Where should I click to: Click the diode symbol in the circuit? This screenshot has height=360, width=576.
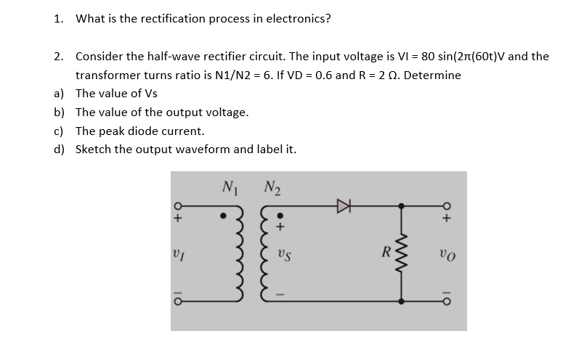coord(343,205)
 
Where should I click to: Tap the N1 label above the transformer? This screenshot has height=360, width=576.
coord(230,184)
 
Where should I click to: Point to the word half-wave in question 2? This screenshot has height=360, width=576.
coord(155,56)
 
